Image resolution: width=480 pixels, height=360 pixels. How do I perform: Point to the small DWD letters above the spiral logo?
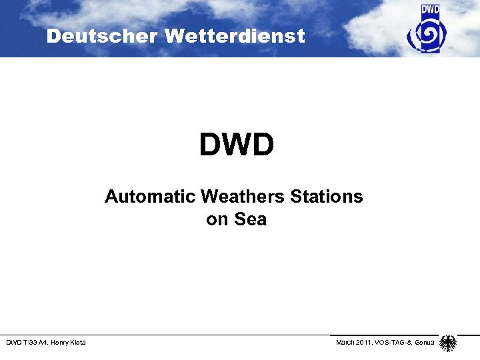tap(431, 10)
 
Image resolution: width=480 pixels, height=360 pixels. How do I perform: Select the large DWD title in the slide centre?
tap(236, 145)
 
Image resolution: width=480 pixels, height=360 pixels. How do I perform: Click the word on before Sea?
tap(217, 220)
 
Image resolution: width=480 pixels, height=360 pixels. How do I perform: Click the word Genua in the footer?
tap(425, 343)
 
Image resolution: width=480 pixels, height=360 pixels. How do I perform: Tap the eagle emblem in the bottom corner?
tap(448, 343)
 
